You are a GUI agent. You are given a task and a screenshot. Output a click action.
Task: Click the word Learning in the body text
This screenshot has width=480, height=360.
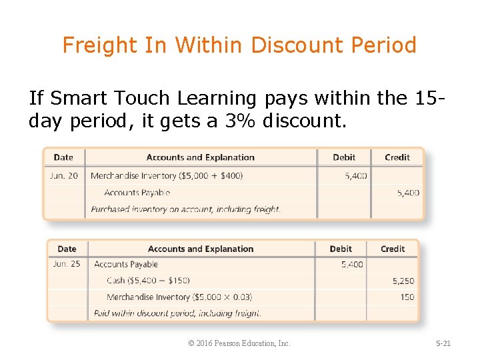tap(217, 99)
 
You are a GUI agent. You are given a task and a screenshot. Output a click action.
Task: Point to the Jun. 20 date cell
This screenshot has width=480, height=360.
tap(63, 176)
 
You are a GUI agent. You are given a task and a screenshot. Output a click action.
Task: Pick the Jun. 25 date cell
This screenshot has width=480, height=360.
tap(67, 264)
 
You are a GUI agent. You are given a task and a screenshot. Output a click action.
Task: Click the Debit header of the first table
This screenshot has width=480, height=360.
tap(344, 157)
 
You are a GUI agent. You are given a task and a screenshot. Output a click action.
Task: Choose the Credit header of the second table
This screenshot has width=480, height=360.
tap(393, 249)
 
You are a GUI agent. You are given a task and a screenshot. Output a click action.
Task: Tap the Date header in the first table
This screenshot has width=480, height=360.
tap(63, 157)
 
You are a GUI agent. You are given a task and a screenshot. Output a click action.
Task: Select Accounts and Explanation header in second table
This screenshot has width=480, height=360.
tap(201, 249)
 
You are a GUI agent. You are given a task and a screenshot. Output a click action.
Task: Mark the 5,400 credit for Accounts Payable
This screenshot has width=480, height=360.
tap(408, 193)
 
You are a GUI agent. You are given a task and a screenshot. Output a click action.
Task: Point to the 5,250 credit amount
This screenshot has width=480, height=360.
tap(403, 281)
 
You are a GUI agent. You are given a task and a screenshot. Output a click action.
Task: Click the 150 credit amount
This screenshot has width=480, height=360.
tap(407, 297)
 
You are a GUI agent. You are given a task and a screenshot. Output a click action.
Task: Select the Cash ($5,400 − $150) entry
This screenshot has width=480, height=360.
tap(148, 281)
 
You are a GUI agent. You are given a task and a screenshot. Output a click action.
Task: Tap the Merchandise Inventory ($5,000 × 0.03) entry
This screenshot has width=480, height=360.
tap(179, 297)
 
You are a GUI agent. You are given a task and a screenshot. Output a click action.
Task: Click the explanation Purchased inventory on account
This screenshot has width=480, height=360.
tap(185, 209)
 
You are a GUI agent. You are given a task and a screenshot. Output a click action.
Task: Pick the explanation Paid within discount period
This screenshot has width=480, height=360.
tap(177, 313)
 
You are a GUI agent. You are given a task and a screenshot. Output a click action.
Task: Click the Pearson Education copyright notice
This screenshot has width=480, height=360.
tap(239, 343)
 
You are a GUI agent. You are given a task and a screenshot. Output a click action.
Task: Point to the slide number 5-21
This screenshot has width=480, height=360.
tap(443, 343)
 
